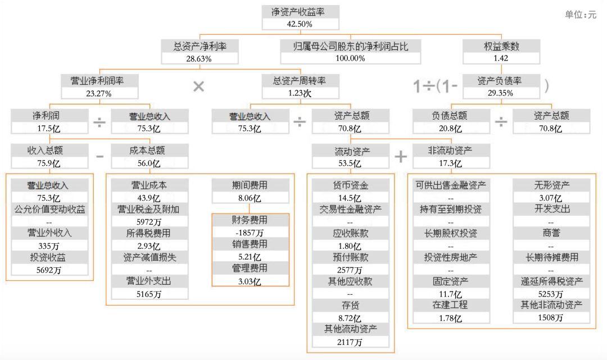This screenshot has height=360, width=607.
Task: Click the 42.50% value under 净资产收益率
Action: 300,24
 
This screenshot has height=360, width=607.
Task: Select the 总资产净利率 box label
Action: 200,47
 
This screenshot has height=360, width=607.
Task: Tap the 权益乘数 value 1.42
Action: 501,58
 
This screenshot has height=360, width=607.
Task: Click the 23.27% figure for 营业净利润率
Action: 99,93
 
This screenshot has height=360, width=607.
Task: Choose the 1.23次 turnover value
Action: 300,93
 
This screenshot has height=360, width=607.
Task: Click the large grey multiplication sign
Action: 198,86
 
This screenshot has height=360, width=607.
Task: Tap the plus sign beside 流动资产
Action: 401,157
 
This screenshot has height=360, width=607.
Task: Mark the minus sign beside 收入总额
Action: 99,156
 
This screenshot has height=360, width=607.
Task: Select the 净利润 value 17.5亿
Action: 49,129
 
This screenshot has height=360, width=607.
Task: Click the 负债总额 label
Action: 450,116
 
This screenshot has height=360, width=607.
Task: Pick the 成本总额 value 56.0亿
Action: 148,163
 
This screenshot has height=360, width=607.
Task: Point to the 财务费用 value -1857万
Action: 250,233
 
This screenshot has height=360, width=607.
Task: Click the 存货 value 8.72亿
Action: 350,318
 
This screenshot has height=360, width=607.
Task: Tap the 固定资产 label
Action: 450,281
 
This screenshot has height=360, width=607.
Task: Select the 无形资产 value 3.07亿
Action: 550,198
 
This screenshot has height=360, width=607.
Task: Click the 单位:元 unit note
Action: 580,15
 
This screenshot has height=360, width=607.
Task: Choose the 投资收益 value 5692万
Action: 49,270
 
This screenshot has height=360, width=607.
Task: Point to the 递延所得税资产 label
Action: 552,281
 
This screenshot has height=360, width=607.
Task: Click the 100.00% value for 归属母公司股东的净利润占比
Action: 350,58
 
